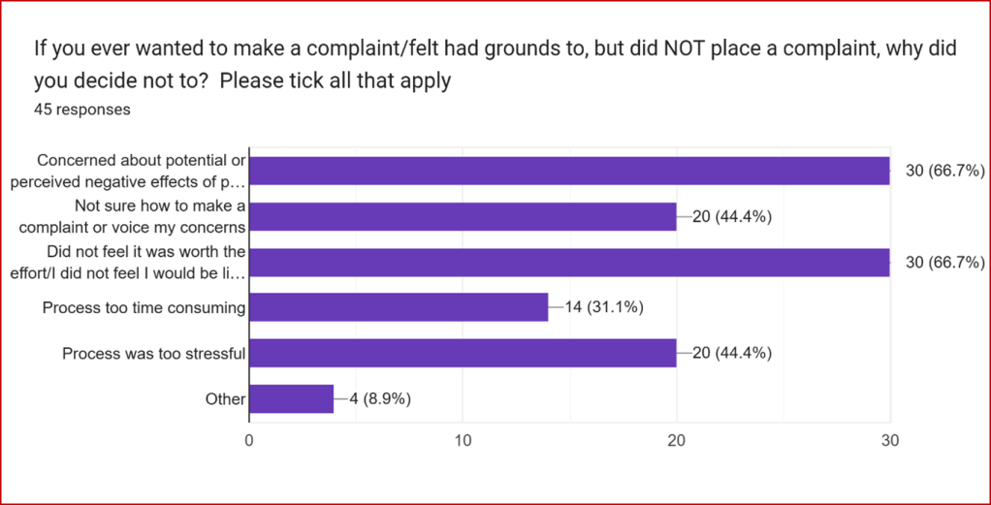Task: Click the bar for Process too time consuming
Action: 399,308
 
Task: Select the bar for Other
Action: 292,398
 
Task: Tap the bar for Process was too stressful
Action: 463,354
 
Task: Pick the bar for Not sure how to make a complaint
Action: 463,217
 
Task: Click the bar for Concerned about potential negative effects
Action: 569,171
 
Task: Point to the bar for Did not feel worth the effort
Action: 569,263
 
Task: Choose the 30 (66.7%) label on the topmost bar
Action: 945,172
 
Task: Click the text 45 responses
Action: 82,110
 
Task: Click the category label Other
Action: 226,398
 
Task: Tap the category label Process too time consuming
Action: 144,308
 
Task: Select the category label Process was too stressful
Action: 153,354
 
